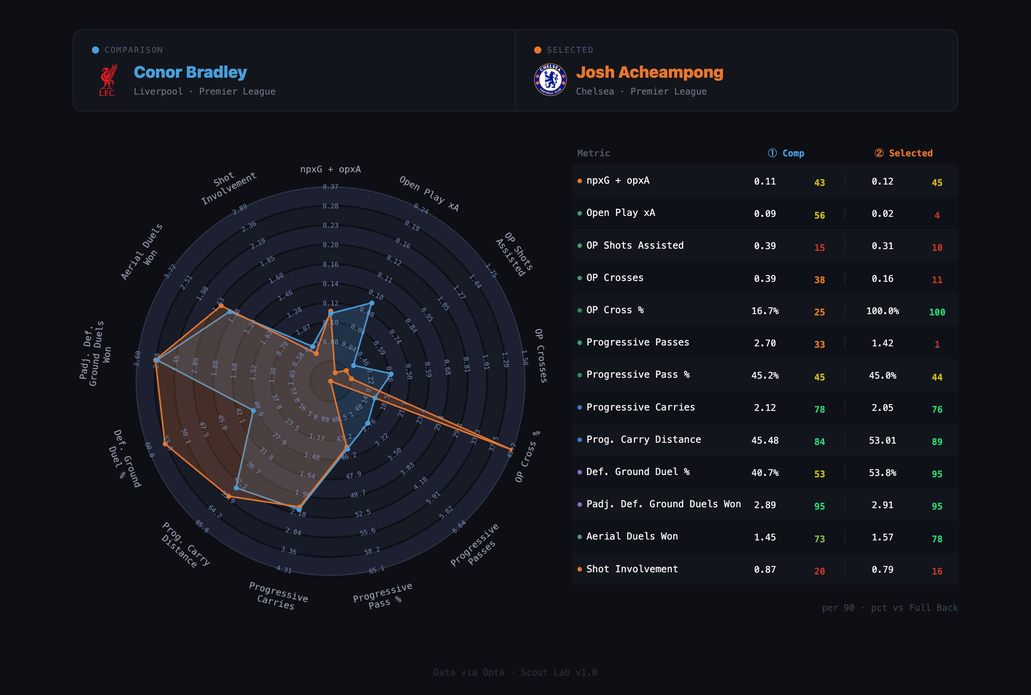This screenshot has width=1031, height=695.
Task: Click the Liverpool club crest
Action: tap(108, 80)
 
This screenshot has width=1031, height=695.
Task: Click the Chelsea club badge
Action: tap(550, 80)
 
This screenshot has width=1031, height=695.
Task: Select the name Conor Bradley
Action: tap(190, 72)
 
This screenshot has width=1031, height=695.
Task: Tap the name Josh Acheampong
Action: tap(650, 72)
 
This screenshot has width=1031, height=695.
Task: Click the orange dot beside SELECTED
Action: tap(538, 50)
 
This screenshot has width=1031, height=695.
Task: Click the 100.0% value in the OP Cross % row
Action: tap(882, 311)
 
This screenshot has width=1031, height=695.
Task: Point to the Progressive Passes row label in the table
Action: tap(637, 342)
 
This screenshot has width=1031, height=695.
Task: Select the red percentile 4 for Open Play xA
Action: tap(937, 215)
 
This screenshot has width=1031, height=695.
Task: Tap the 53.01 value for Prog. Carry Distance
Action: tap(882, 440)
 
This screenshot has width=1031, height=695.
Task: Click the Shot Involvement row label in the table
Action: tap(632, 569)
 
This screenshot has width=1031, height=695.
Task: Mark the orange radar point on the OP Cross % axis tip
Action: tap(510, 449)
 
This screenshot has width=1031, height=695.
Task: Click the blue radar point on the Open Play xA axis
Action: tap(372, 303)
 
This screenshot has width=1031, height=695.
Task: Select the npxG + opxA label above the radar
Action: tap(330, 169)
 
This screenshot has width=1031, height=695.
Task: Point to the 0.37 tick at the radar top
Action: tap(330, 187)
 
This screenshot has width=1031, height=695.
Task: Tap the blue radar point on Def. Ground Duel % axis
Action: tap(253, 411)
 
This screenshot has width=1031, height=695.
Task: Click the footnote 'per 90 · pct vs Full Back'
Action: tap(890, 608)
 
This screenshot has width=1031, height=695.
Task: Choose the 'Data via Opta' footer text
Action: tap(469, 672)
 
